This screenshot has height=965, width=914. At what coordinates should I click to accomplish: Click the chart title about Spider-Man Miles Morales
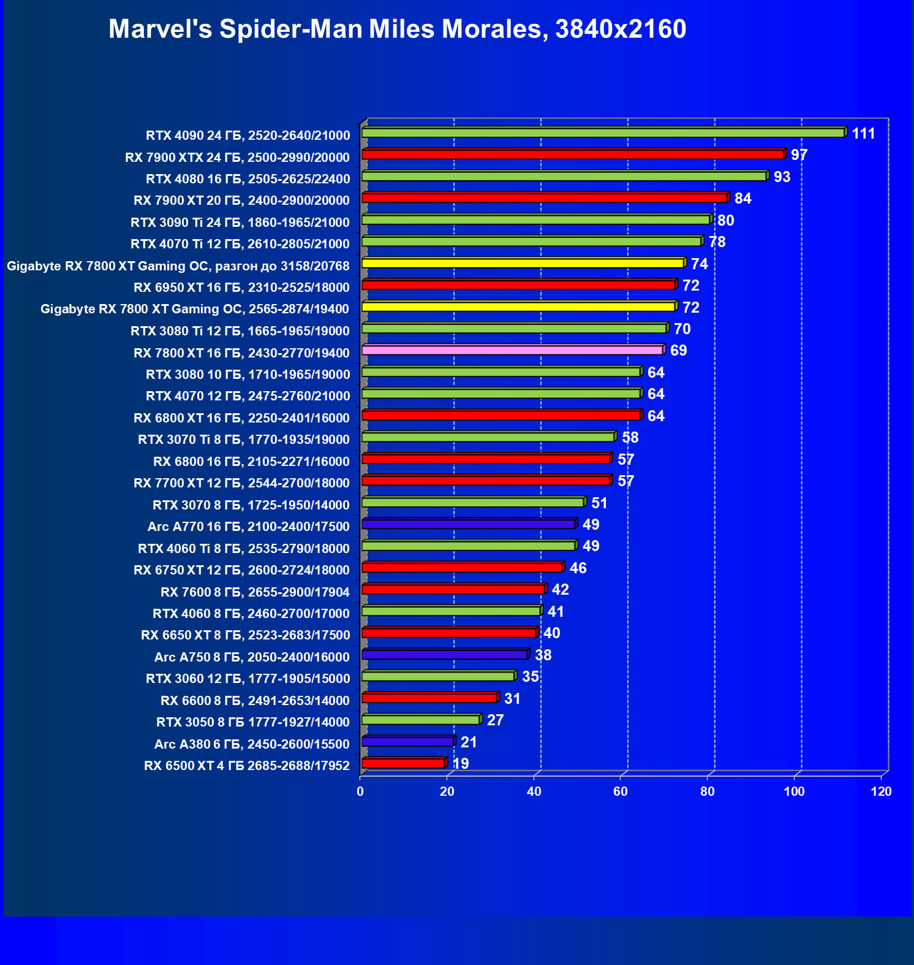(397, 29)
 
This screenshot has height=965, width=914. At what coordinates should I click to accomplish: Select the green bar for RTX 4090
(603, 132)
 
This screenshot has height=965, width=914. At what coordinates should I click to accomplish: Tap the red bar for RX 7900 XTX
(573, 154)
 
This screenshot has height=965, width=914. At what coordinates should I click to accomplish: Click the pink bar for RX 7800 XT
(513, 350)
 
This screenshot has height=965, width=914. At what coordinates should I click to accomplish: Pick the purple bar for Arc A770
(469, 524)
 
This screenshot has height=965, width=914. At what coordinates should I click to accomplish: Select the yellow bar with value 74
(523, 263)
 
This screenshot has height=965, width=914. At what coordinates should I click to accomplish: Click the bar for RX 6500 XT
(404, 763)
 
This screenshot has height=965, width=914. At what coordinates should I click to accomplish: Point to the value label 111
(863, 134)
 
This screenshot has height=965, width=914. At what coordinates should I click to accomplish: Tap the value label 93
(782, 177)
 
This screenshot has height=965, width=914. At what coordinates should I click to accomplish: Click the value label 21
(469, 742)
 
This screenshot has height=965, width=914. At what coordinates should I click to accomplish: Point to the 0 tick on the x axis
(360, 791)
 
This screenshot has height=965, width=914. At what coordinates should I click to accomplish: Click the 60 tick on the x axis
(621, 791)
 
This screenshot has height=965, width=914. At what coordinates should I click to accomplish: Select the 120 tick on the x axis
(881, 791)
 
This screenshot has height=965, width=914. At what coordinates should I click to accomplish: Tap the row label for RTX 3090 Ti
(240, 223)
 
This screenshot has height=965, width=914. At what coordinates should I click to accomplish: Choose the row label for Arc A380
(252, 744)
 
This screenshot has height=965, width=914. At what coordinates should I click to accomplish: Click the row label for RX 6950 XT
(241, 288)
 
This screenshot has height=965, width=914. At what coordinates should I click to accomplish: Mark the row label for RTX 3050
(253, 722)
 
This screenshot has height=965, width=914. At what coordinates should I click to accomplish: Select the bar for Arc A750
(444, 655)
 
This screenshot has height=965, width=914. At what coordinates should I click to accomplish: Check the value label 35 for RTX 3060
(530, 677)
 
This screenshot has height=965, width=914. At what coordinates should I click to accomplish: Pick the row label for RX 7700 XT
(241, 483)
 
